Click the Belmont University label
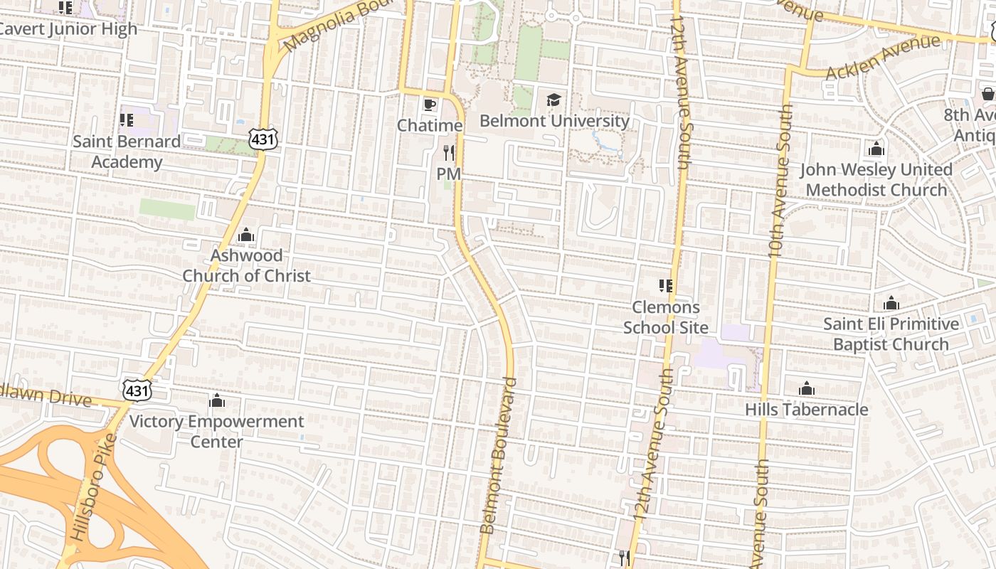pyautogui.click(x=554, y=121)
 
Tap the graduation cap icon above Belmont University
pyautogui.click(x=553, y=100)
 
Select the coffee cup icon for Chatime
pyautogui.click(x=429, y=105)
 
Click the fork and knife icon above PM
pyautogui.click(x=448, y=152)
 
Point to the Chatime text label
pyautogui.click(x=430, y=126)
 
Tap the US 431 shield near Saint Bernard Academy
pyautogui.click(x=263, y=139)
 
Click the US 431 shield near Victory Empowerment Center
pyautogui.click(x=136, y=390)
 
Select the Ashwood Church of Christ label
pyautogui.click(x=246, y=265)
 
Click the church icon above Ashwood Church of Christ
pyautogui.click(x=246, y=235)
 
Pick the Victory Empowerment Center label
pyautogui.click(x=216, y=431)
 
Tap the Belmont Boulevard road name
pyautogui.click(x=497, y=455)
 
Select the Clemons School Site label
pyautogui.click(x=666, y=317)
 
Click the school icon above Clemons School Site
pyautogui.click(x=666, y=286)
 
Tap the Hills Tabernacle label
pyautogui.click(x=806, y=410)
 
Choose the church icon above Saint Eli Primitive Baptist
pyautogui.click(x=891, y=304)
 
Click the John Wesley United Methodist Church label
pyautogui.click(x=876, y=180)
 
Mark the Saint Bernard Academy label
pyautogui.click(x=127, y=151)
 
